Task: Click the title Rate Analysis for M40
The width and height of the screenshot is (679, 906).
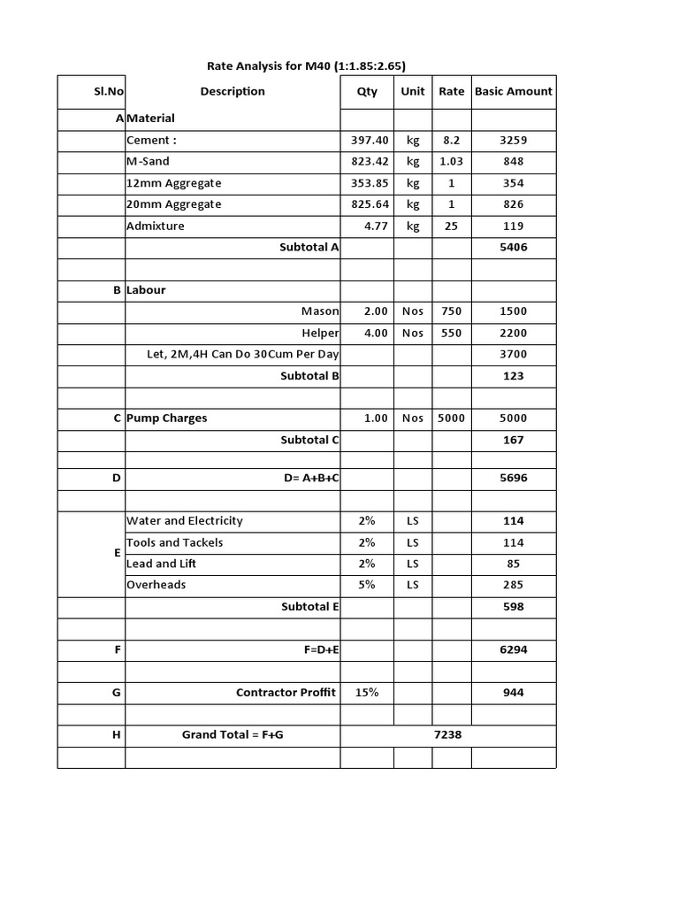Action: pyautogui.click(x=307, y=65)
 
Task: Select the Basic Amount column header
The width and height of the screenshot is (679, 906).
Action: pyautogui.click(x=514, y=91)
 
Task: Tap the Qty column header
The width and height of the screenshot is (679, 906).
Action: pyautogui.click(x=367, y=91)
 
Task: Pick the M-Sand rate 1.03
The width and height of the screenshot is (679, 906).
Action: pyautogui.click(x=451, y=161)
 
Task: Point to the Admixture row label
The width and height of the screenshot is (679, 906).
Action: pyautogui.click(x=156, y=226)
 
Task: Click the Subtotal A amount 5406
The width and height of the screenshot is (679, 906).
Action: pyautogui.click(x=513, y=247)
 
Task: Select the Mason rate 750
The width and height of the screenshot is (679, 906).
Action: pyautogui.click(x=451, y=311)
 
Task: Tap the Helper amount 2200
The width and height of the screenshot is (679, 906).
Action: pyautogui.click(x=513, y=333)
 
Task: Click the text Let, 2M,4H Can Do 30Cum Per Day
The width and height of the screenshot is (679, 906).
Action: pyautogui.click(x=243, y=354)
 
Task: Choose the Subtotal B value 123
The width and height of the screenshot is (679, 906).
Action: pyautogui.click(x=513, y=376)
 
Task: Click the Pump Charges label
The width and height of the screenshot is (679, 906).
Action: pyautogui.click(x=167, y=418)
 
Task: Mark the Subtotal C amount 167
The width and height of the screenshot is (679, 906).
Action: pyautogui.click(x=513, y=440)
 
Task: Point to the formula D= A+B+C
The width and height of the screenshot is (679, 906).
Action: pyautogui.click(x=311, y=478)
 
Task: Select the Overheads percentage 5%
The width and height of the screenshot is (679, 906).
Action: pyautogui.click(x=367, y=585)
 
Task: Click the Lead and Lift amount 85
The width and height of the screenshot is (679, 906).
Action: pyautogui.click(x=513, y=564)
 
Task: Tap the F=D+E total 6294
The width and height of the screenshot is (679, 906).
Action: pyautogui.click(x=513, y=649)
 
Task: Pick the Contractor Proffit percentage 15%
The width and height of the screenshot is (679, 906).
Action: pyautogui.click(x=367, y=693)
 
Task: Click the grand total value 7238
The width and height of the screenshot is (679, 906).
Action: pyautogui.click(x=448, y=735)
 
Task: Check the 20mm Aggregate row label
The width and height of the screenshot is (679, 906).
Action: pyautogui.click(x=174, y=204)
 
